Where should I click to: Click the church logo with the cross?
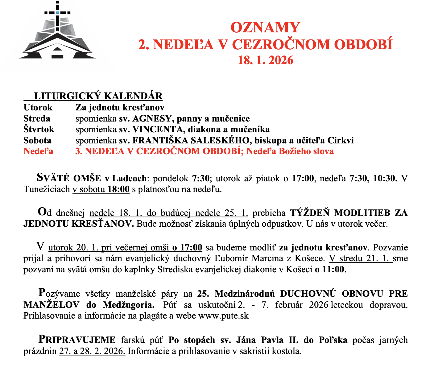coord(57,34)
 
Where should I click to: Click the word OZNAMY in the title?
coord(265,28)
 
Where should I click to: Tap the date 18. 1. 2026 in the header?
coord(265,60)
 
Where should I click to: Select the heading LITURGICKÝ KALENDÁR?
coord(98,96)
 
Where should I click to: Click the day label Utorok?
coord(38,107)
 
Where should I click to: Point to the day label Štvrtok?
coord(39,129)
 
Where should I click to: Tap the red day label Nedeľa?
coord(38,151)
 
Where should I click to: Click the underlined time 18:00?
coord(118,189)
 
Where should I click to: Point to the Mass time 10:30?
coord(385,178)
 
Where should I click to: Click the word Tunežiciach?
coord(47,189)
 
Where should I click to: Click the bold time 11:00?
coord(333,269)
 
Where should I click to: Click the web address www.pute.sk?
coord(223,316)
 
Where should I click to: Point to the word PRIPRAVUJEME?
coord(77,340)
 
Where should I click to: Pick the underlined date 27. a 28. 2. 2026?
coord(92,351)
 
